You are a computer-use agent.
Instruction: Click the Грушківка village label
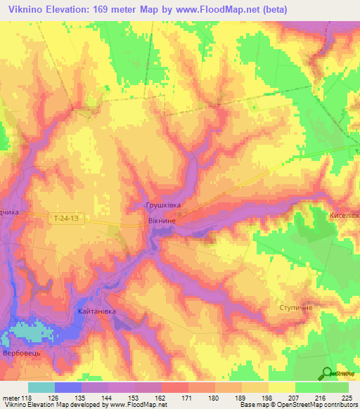pos(163,205)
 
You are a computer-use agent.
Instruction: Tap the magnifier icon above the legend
pos(327,373)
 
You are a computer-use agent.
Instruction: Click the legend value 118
pos(27,398)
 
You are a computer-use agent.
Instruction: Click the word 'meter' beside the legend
pos(10,398)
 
